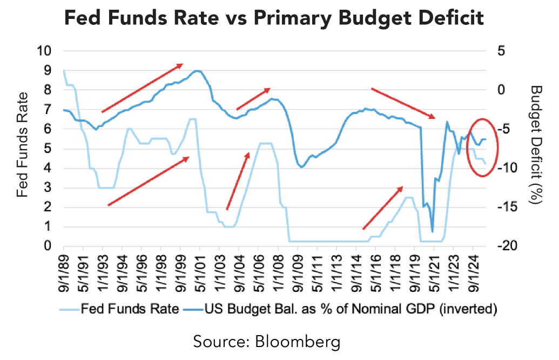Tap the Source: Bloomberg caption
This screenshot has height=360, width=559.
(x=279, y=342)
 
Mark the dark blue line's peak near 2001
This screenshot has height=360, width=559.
(x=197, y=71)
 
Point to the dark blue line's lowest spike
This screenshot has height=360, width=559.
(x=433, y=231)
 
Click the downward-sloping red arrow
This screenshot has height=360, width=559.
(x=403, y=103)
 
